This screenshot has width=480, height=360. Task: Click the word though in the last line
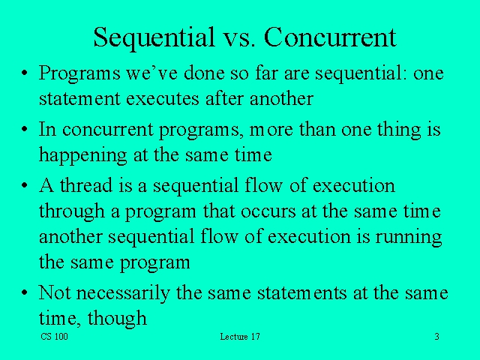[x=117, y=319]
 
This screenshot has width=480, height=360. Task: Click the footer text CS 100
[x=54, y=337]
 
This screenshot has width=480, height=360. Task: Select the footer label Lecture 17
[x=240, y=337]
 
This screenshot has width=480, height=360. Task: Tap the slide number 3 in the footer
[x=436, y=337]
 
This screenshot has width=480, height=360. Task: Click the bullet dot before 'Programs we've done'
[x=25, y=75]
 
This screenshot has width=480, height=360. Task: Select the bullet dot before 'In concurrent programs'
[x=25, y=130]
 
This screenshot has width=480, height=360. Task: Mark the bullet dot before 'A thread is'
[x=25, y=186]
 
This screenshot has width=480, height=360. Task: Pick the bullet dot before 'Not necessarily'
[x=25, y=292]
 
